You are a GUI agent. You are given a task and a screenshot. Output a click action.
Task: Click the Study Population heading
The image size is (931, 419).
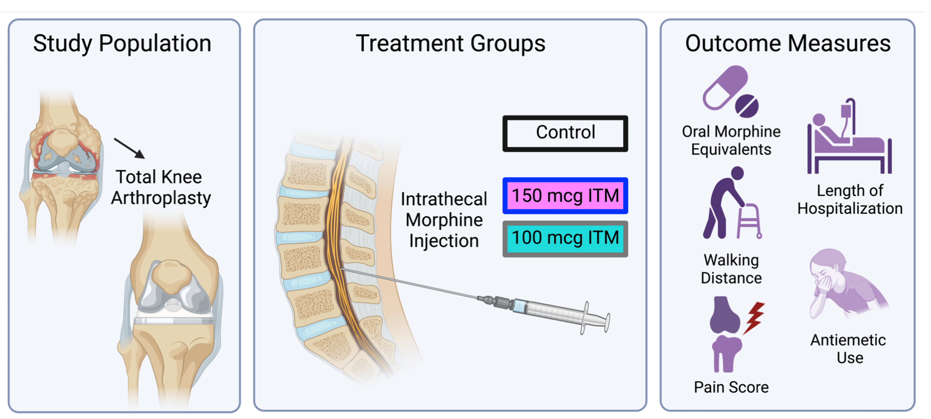(122, 43)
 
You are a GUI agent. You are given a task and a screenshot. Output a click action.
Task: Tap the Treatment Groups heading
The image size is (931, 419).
(450, 43)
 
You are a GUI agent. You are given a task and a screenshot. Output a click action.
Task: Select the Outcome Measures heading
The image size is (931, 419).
(788, 43)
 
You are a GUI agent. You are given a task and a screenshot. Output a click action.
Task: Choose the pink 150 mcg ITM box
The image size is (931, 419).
(565, 196)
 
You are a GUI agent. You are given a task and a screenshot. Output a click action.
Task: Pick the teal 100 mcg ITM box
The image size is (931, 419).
(565, 238)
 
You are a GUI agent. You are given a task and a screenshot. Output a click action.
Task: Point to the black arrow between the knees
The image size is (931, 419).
(129, 148)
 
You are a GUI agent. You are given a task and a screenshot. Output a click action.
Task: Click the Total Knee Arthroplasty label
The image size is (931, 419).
(160, 187)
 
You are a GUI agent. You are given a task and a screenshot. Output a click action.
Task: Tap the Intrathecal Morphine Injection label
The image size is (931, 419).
(444, 220)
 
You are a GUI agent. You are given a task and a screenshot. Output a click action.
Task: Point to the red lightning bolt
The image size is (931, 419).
(754, 318)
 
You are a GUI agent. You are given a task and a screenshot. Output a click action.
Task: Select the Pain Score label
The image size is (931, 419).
(731, 387)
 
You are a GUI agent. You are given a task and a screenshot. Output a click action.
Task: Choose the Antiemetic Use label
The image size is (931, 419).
(848, 349)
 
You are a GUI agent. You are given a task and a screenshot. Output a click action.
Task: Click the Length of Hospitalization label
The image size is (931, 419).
(850, 200)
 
